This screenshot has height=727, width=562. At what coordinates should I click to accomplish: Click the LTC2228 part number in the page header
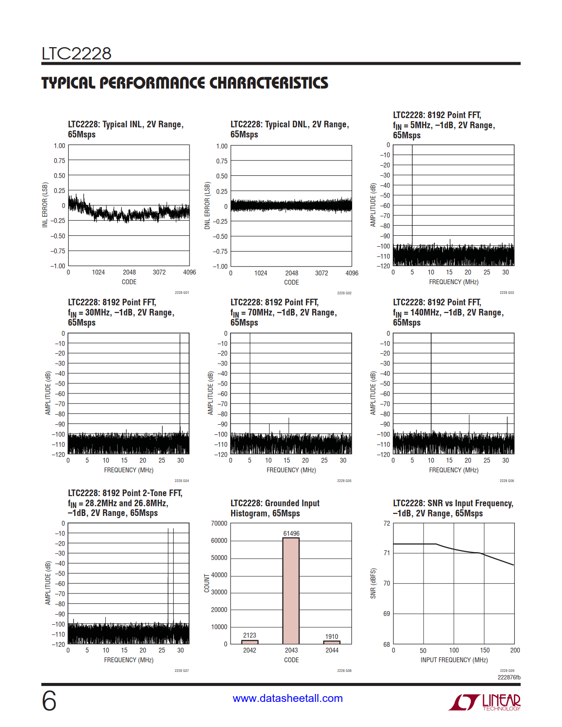click(x=76, y=54)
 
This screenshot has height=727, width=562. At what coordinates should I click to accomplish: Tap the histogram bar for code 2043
click(x=291, y=590)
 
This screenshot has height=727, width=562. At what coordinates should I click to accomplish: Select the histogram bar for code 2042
click(x=249, y=642)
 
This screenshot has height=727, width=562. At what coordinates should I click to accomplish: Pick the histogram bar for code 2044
click(x=331, y=642)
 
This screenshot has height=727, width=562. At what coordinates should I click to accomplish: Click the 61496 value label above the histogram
click(x=291, y=534)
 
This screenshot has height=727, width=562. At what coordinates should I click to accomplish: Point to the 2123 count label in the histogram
click(x=249, y=635)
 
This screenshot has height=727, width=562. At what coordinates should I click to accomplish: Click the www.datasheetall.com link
click(x=287, y=698)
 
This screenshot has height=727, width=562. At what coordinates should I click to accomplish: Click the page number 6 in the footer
click(x=49, y=701)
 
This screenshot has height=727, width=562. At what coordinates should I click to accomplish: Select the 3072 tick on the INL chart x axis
click(x=159, y=272)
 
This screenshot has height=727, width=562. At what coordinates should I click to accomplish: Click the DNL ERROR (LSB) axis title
click(x=207, y=206)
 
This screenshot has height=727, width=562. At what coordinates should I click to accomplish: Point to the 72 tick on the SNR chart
click(x=387, y=523)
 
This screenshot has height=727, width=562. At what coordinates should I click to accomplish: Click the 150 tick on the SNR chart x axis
click(x=484, y=650)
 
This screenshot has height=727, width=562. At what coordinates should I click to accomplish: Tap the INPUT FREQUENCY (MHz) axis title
click(x=454, y=660)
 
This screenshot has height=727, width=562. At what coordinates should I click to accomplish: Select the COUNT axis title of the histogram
click(x=207, y=583)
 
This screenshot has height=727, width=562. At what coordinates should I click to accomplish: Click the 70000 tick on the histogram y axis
click(x=219, y=523)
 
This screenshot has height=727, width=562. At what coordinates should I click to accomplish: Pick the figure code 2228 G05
click(x=344, y=481)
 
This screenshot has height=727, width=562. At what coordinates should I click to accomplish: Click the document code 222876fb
click(x=509, y=677)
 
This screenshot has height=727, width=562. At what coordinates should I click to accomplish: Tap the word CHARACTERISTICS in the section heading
click(x=268, y=83)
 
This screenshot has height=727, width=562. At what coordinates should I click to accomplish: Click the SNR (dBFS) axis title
click(x=373, y=583)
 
